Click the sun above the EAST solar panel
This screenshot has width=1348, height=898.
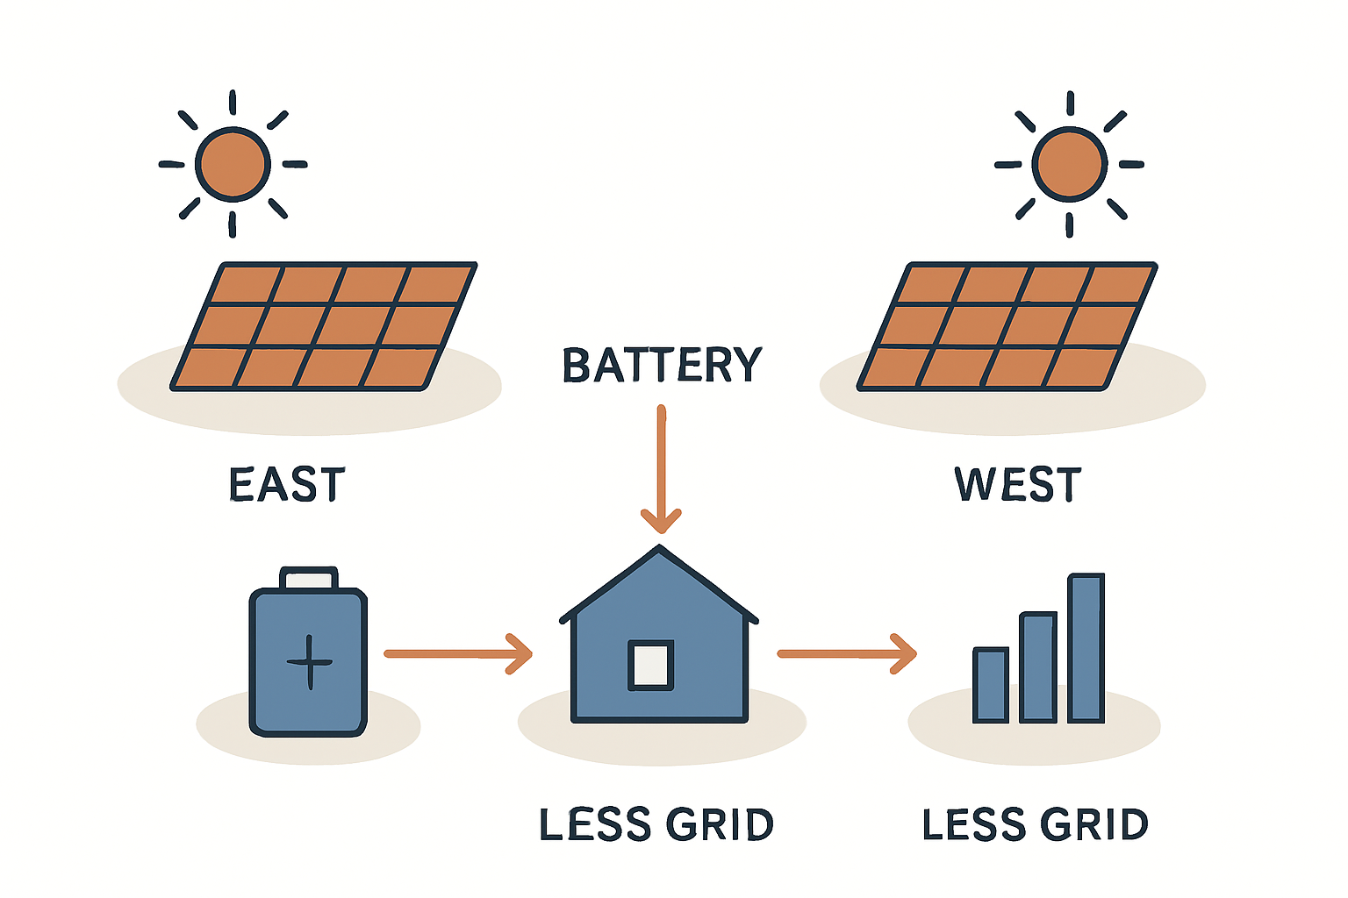(233, 164)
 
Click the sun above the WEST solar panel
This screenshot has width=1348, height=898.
(1069, 164)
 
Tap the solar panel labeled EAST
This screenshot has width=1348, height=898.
(323, 326)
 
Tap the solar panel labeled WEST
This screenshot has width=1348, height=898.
(1007, 326)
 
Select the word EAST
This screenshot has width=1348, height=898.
(287, 485)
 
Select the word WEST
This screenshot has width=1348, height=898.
(1018, 485)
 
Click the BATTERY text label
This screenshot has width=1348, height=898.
(662, 366)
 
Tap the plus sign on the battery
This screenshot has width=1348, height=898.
(310, 661)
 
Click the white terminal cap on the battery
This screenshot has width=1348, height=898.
(308, 579)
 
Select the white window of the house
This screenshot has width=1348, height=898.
(651, 665)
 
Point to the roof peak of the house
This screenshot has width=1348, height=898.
(659, 550)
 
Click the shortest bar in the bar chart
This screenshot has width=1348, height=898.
(991, 685)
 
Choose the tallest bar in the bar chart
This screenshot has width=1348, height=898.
(1086, 648)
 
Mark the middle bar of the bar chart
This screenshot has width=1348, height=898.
(1038, 667)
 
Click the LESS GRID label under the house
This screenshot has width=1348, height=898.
(656, 825)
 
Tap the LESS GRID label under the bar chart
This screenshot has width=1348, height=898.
(1036, 825)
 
